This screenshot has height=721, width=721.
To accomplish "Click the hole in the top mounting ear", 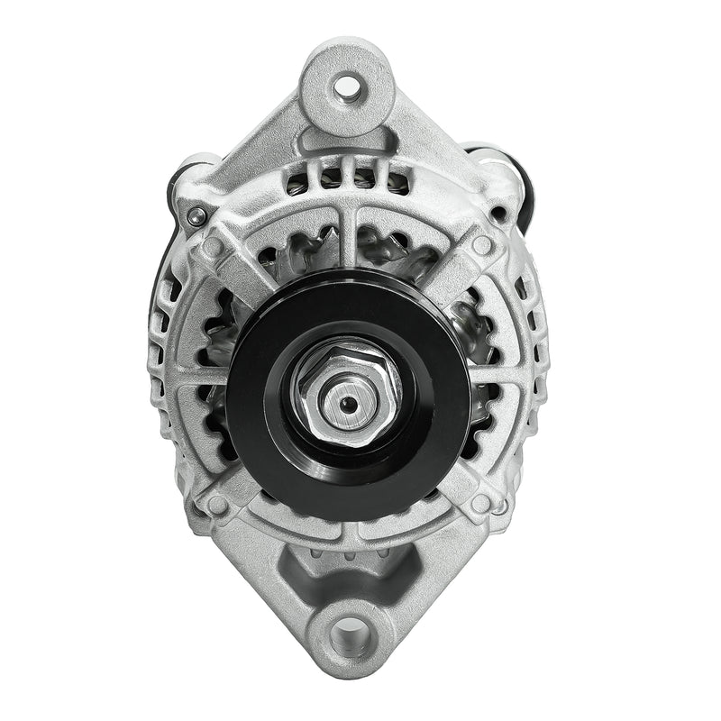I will (x=345, y=87).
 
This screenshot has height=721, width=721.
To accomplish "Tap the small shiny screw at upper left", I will (x=196, y=214).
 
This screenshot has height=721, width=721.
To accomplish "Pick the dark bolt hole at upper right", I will (x=497, y=214).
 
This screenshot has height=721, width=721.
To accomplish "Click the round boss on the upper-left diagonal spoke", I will (x=214, y=245).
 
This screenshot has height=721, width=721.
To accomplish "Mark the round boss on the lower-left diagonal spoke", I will (x=216, y=504).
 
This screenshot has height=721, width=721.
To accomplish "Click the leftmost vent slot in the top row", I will (x=297, y=183).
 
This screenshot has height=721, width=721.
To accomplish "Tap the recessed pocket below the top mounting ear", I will (x=347, y=144).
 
